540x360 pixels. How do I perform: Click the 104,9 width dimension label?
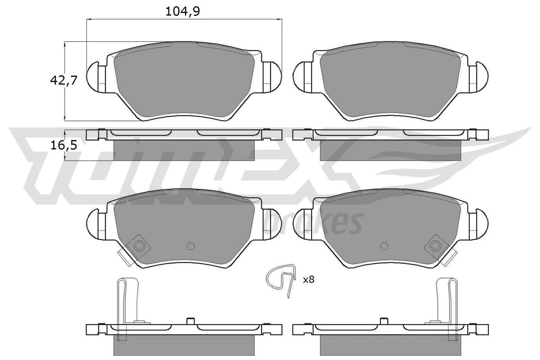(x=183, y=11)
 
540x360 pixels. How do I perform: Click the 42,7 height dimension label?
(x=64, y=80)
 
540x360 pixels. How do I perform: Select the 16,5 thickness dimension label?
(x=64, y=145)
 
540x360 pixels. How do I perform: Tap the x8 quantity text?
(x=308, y=279)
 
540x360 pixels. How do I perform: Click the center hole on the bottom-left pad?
(x=191, y=246)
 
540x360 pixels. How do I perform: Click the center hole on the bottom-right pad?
(x=383, y=246)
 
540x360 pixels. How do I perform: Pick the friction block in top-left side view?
(x=184, y=150)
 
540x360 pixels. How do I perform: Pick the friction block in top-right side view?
(x=390, y=150)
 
